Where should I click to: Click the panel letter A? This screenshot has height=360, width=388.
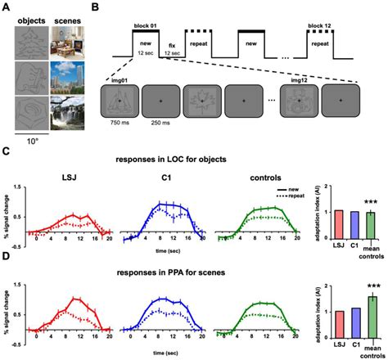(7, 8)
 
